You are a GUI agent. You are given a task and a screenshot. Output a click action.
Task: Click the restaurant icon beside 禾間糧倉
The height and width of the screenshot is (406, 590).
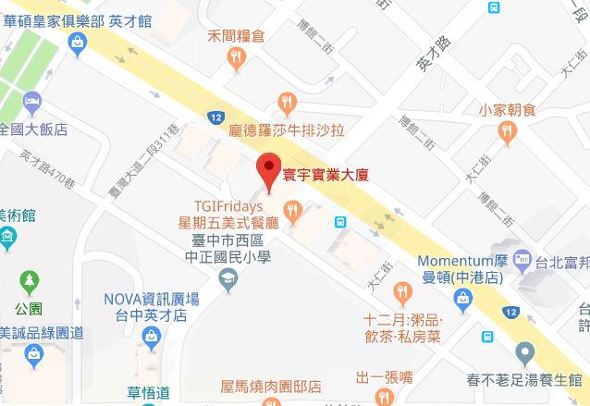click(237, 60)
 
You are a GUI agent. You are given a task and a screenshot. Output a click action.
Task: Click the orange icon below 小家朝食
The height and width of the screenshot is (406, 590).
click(507, 135)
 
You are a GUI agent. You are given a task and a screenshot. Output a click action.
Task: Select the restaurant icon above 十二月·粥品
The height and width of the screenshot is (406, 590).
click(401, 294)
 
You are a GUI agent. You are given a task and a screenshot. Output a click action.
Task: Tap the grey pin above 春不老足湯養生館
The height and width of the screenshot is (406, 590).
click(524, 352)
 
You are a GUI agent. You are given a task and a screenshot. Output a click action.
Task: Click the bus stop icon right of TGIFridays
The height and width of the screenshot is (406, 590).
click(340, 222)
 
